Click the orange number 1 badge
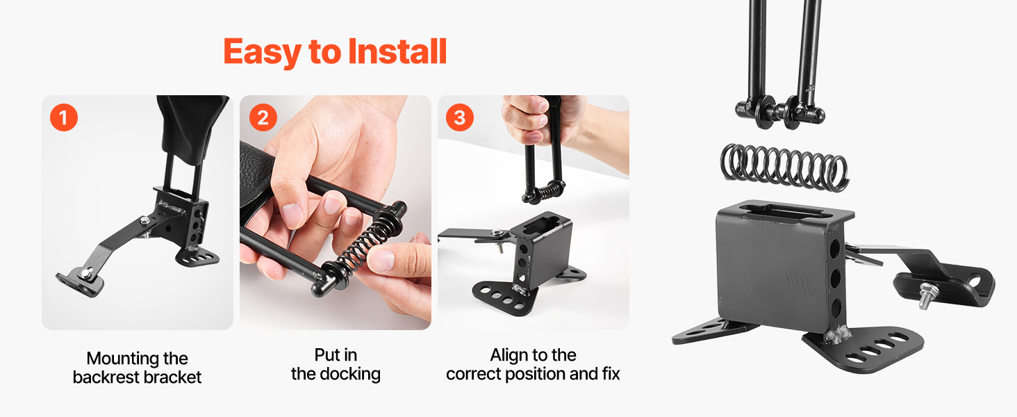[64, 117]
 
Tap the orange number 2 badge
[263, 117]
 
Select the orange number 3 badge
[459, 117]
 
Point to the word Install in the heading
[397, 51]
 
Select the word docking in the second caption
[349, 375]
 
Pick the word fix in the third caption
[611, 374]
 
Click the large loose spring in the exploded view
[784, 167]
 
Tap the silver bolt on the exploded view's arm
[925, 295]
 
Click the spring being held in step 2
[363, 246]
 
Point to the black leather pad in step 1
[190, 122]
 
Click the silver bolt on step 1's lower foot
[86, 273]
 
